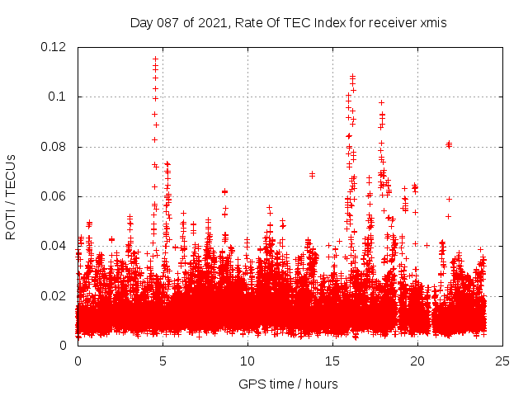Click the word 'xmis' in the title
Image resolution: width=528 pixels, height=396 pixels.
click(x=433, y=23)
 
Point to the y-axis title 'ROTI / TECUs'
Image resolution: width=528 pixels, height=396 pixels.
click(x=11, y=196)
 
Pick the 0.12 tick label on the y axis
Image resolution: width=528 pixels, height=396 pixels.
click(x=54, y=47)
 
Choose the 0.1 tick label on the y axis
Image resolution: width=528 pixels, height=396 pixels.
click(x=58, y=97)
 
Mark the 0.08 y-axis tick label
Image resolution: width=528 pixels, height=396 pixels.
click(x=54, y=147)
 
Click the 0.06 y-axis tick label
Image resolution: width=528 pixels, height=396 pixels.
click(x=54, y=196)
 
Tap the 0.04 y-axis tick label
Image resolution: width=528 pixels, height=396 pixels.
click(x=54, y=246)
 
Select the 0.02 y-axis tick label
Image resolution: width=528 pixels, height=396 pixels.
click(x=54, y=295)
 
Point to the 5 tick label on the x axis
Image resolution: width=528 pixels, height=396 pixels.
click(x=163, y=361)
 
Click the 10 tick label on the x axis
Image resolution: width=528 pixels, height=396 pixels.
click(x=247, y=361)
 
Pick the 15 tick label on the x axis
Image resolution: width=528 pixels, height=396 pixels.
click(x=332, y=361)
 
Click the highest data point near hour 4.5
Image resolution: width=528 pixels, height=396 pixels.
click(x=155, y=59)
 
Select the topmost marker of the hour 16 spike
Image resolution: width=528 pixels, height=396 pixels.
click(x=352, y=76)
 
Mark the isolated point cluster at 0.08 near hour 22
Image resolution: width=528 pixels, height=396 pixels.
click(x=449, y=144)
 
